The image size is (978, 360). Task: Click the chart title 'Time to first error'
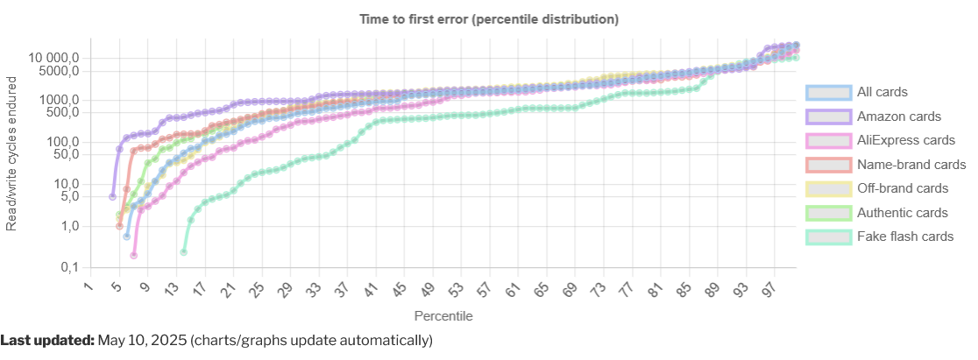click(x=489, y=19)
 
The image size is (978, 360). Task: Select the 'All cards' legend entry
click(x=882, y=92)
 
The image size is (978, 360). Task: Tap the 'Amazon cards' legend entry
click(x=899, y=116)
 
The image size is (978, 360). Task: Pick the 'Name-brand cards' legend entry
click(x=911, y=164)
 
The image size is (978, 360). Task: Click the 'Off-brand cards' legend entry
click(x=903, y=188)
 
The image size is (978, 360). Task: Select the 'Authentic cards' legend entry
click(x=903, y=212)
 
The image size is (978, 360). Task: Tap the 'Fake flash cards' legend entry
click(x=905, y=236)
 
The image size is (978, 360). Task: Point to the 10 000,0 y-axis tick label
click(x=53, y=57)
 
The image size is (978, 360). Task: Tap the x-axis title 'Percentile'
click(x=443, y=314)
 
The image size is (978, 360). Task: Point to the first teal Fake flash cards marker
click(x=183, y=252)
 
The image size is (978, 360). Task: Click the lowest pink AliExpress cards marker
click(x=133, y=256)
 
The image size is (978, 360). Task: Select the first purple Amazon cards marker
click(x=112, y=196)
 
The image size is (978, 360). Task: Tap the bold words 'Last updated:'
click(x=47, y=340)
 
